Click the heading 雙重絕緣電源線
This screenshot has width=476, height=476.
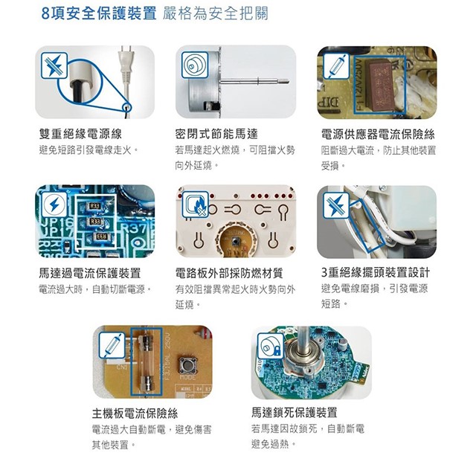[x=80, y=134]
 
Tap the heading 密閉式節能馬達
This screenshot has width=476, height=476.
[x=216, y=134]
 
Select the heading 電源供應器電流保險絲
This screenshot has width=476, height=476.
[x=378, y=134]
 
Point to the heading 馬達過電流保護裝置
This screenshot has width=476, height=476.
[x=90, y=273]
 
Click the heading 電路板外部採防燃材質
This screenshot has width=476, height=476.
[x=229, y=273]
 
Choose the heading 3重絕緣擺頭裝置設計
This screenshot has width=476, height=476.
[x=376, y=272]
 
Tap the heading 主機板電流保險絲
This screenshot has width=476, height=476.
[x=135, y=414]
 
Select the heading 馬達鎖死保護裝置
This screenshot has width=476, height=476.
[x=295, y=413]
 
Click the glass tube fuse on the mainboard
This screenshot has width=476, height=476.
[x=147, y=362]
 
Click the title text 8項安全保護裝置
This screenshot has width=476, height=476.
[x=99, y=13]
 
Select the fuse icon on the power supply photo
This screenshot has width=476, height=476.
[x=336, y=66]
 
